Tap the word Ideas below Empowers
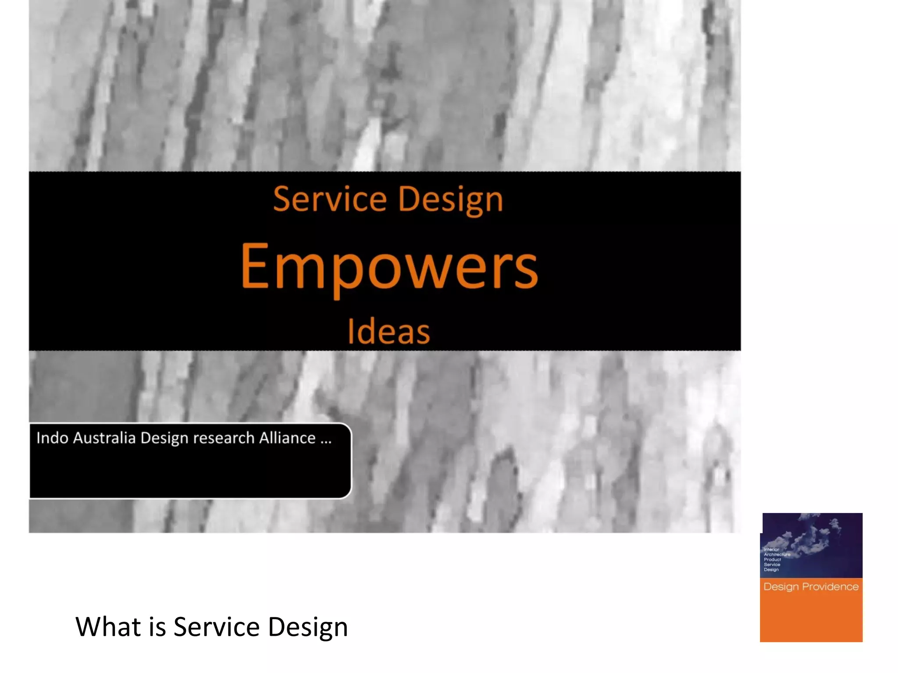(388, 332)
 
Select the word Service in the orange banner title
(330, 199)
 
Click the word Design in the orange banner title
(451, 200)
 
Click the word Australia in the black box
(104, 438)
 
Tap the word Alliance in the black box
(287, 438)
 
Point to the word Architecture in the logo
(777, 555)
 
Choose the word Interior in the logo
(771, 549)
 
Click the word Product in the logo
(772, 560)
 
